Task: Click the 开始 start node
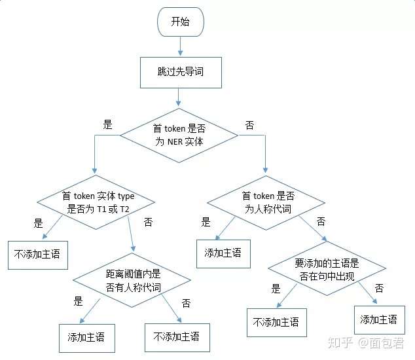(x=181, y=22)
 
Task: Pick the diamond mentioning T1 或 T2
(x=96, y=202)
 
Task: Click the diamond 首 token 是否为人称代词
(x=267, y=202)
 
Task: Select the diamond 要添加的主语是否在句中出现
(x=327, y=269)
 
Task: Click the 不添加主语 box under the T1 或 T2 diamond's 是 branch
(x=37, y=254)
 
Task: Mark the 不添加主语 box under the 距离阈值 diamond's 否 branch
(x=176, y=338)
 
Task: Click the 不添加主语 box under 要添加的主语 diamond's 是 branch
(x=276, y=321)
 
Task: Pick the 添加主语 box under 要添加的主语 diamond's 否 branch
(x=378, y=319)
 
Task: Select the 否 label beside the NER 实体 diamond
(x=249, y=124)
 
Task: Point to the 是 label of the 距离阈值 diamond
(x=79, y=302)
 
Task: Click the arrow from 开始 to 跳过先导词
(x=181, y=46)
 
